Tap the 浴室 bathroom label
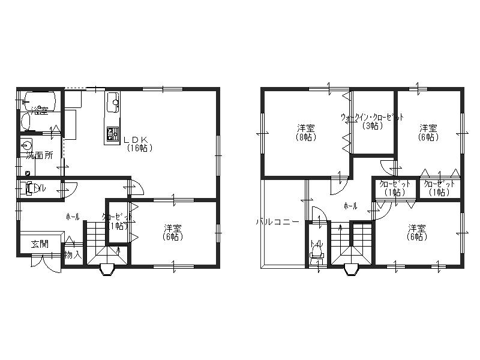[40, 110]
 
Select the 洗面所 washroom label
[39, 155]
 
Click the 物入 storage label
[72, 255]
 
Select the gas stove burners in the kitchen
[112, 134]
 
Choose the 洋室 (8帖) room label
[306, 132]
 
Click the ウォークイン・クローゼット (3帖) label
[371, 121]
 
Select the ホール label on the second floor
[350, 206]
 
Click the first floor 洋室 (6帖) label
[173, 232]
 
